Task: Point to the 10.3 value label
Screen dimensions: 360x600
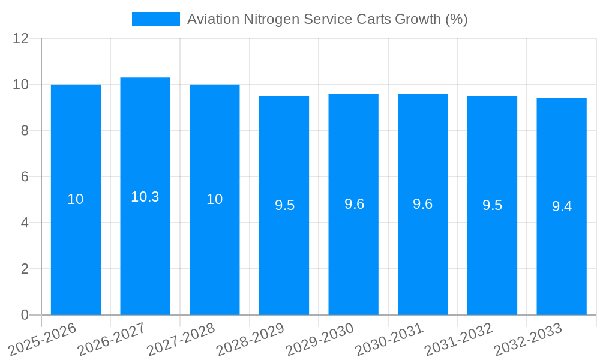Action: [145, 197]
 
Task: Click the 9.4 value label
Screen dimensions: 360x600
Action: [562, 207]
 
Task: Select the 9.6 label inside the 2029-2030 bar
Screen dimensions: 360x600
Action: [354, 204]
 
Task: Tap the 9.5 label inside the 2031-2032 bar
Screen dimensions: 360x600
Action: [492, 205]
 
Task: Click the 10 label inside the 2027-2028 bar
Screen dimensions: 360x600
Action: [215, 199]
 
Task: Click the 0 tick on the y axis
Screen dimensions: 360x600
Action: [25, 315]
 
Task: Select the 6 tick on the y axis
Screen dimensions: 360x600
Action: [25, 177]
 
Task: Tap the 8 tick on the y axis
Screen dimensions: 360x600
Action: [25, 131]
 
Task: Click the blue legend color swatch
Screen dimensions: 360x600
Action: [156, 19]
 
